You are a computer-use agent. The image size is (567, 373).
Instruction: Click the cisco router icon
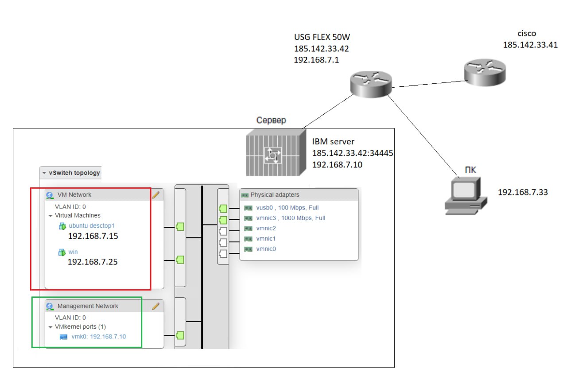pos(485,73)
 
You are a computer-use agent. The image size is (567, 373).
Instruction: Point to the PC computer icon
pos(465,195)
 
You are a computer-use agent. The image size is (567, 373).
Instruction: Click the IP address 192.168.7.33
pos(523,192)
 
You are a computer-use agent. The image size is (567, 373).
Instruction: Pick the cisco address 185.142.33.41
pos(530,44)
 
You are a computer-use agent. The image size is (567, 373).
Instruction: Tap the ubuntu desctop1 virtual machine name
pos(92,226)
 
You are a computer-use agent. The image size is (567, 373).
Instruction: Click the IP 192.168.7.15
pos(93,237)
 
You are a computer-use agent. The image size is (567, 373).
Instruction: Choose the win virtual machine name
pos(73,252)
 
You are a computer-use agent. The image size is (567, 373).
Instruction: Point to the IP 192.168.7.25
pos(93,262)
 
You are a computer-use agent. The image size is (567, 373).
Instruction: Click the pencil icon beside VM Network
pos(155,194)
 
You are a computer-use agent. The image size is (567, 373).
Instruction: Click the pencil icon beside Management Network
pos(155,306)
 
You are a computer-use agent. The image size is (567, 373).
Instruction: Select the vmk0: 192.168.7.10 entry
pos(98,336)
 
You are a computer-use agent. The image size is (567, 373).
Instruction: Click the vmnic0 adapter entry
pos(266,249)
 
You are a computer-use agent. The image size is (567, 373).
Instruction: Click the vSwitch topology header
pos(74,173)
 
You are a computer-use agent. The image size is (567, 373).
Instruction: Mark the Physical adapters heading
pos(275,194)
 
